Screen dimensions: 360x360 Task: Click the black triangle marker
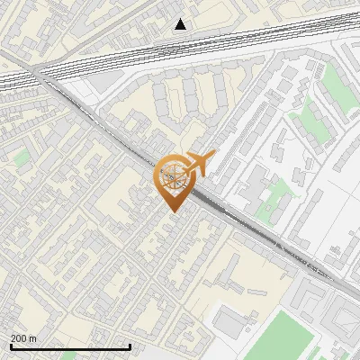coord(181,24)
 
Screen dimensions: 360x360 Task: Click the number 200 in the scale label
coord(19,338)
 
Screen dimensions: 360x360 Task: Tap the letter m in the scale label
coord(33,338)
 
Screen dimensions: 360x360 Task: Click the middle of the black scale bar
coord(70,346)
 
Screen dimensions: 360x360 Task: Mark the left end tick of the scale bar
coord(11,346)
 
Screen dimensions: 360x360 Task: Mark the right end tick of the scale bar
coord(130,346)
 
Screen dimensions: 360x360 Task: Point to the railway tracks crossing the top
coord(180,49)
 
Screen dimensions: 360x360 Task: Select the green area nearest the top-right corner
coord(334,81)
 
